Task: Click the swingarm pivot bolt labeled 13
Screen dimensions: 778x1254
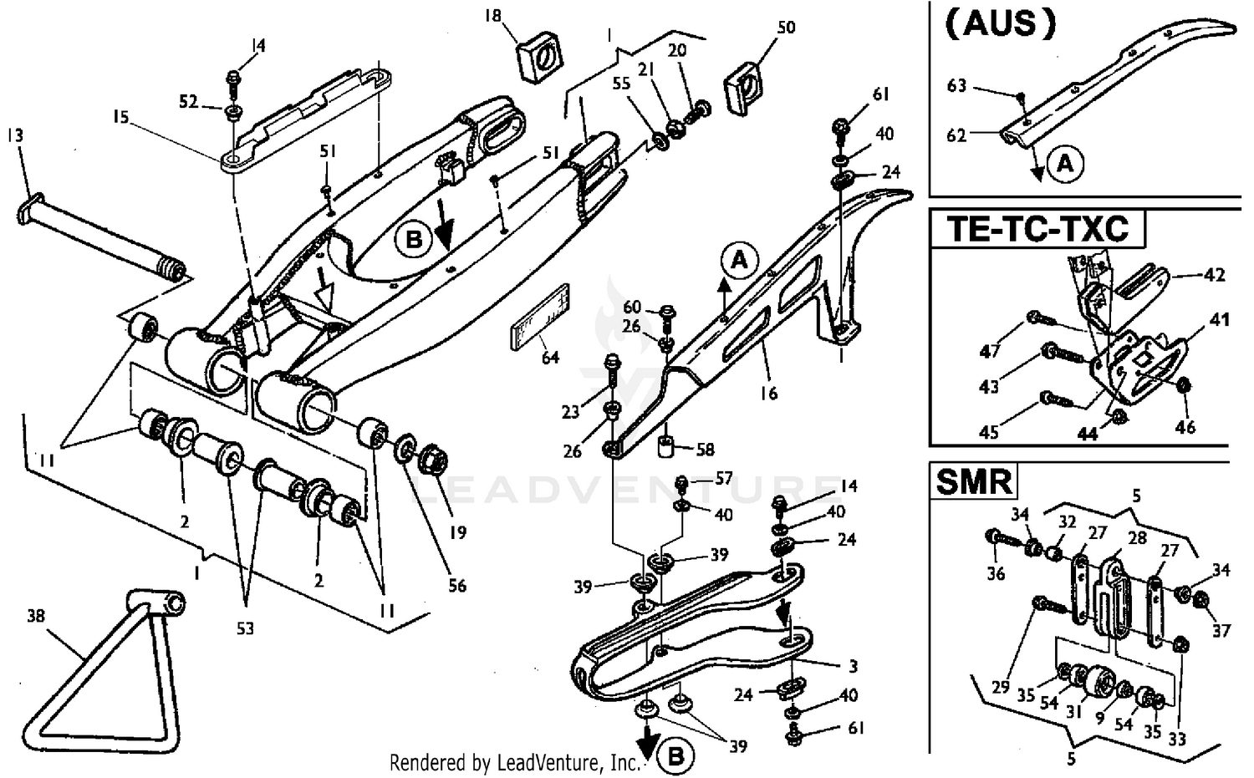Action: coord(100,238)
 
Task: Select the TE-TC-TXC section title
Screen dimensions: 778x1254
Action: coord(1037,228)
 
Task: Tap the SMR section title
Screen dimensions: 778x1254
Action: coord(973,482)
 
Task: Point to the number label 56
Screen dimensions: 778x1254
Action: coord(456,586)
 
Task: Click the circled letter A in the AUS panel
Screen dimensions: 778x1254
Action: coord(1065,164)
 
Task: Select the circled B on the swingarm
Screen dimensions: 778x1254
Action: coord(414,241)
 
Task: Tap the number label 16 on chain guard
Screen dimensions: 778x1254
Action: coord(767,392)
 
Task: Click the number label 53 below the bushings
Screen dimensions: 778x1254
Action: coord(244,628)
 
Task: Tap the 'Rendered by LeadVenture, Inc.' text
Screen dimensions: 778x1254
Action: coord(514,762)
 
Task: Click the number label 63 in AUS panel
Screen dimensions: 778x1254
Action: coord(956,85)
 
